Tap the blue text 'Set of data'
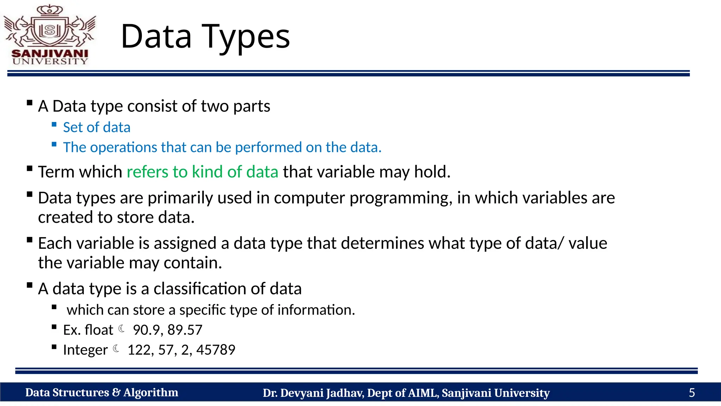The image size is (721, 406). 96,127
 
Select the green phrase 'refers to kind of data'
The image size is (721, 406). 202,172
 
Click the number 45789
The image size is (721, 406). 216,350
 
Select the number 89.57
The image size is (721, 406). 185,330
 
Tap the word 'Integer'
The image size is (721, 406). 85,350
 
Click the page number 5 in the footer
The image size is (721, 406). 691,393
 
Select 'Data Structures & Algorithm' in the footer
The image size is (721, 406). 101,393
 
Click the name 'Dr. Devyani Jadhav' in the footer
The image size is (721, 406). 313,393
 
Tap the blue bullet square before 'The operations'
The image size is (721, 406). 54,144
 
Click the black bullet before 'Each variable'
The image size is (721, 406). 30,240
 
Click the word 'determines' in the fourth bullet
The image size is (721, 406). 382,244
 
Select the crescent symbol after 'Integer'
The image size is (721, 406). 116,349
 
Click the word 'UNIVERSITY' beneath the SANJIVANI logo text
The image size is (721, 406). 50,61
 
